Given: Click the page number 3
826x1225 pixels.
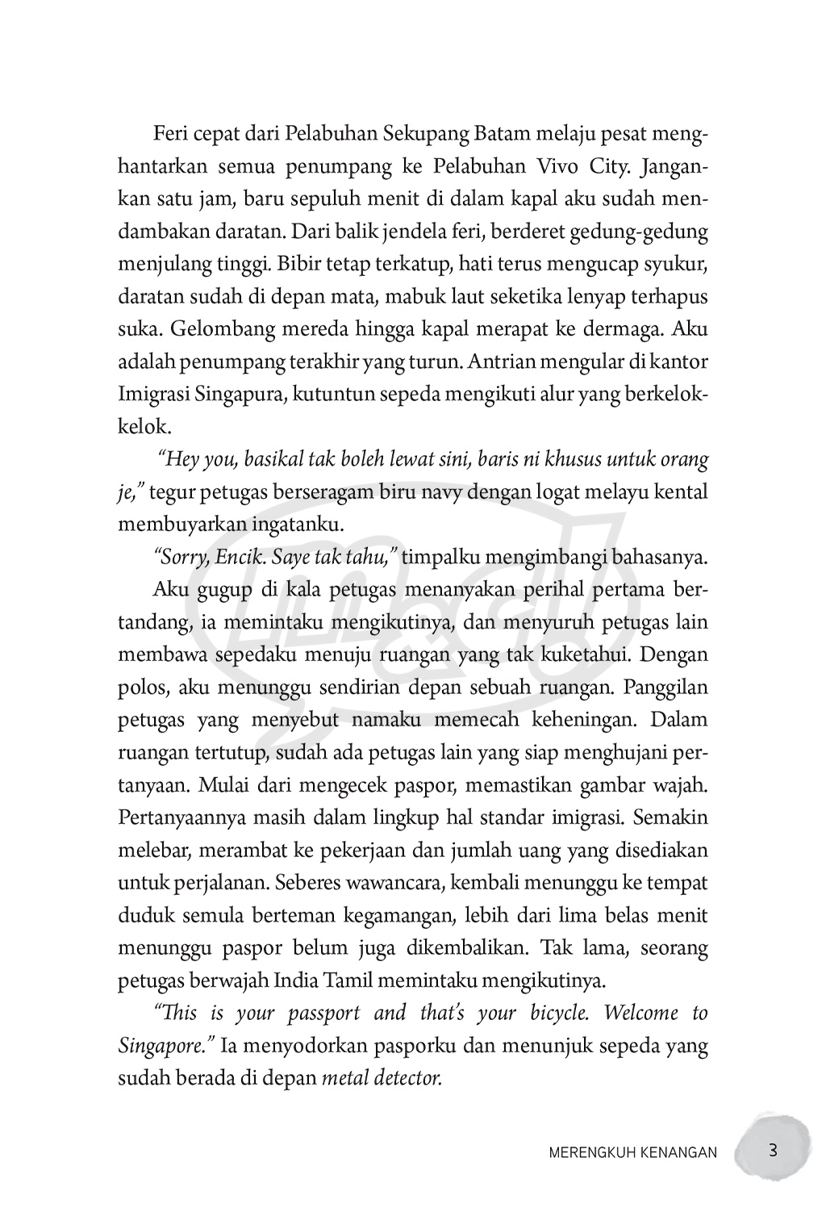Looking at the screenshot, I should pos(772,1150).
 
